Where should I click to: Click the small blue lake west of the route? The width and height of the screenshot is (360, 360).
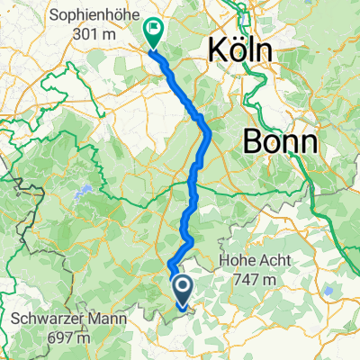point(79,193)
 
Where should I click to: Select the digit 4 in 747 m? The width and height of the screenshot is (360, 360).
point(247,281)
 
